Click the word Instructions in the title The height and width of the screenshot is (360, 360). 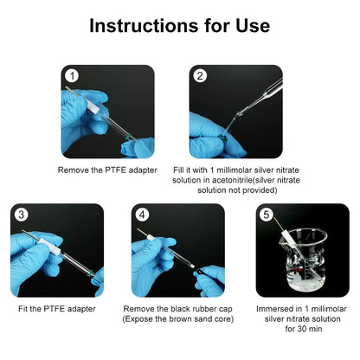(x=144, y=26)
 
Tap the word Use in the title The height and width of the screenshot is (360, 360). (x=253, y=26)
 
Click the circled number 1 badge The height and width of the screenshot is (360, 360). (x=72, y=76)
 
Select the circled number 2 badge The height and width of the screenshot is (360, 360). (x=200, y=76)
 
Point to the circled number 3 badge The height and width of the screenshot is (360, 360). (x=21, y=215)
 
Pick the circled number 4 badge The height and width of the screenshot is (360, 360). (x=142, y=215)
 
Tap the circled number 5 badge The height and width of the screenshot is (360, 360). (x=266, y=215)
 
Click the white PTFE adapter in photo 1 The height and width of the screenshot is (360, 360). (x=93, y=106)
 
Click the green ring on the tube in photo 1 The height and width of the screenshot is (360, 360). (x=128, y=136)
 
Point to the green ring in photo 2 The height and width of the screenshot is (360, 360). (x=222, y=138)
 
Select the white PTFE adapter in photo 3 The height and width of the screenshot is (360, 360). (x=49, y=246)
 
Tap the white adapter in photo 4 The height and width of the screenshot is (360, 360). (x=151, y=238)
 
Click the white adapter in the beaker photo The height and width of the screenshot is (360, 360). (x=289, y=237)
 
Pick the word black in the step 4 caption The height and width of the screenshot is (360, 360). (x=180, y=309)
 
